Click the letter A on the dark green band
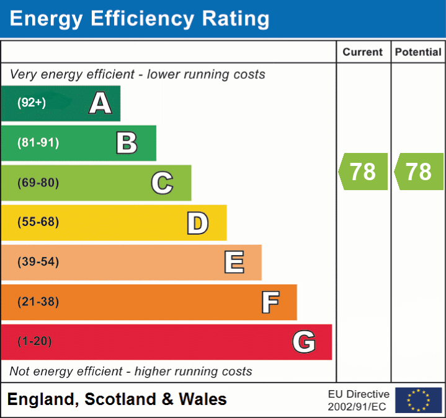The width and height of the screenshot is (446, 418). tap(100, 103)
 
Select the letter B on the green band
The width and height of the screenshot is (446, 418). tap(127, 143)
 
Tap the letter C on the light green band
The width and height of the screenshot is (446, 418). tap(162, 183)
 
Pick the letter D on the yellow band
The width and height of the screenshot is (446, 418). tap(197, 223)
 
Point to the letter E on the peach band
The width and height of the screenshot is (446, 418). tap(233, 263)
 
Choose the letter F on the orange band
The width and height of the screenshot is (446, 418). tap(269, 302)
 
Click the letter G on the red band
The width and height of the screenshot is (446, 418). tap(304, 342)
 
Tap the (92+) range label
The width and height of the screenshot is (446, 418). tap(32, 103)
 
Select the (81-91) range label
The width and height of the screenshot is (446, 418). tap(38, 143)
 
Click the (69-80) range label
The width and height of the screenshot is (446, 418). tap(38, 183)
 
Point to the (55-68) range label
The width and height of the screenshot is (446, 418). tap(38, 222)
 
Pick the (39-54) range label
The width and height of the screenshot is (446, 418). tap(38, 262)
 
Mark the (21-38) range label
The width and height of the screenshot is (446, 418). tap(38, 302)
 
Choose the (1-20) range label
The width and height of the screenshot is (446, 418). tap(35, 342)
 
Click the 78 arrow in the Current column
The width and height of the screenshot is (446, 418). tap(363, 172)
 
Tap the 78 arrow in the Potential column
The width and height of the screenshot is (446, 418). tap(418, 172)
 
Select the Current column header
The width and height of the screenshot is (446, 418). tap(363, 53)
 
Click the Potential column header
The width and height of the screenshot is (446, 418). tap(418, 53)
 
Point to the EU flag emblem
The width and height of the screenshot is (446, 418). tap(418, 400)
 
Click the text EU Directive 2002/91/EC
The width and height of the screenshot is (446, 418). tap(359, 400)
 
